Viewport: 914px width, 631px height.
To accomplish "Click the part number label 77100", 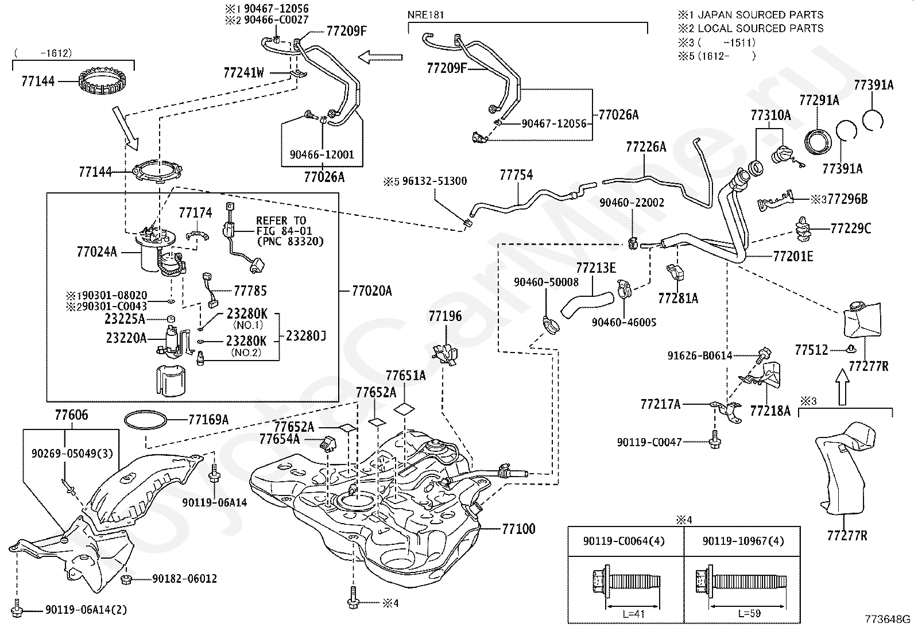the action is point(518,529).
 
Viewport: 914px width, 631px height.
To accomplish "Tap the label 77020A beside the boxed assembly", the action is point(371,291).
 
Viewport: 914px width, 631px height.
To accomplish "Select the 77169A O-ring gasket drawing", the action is point(146,420).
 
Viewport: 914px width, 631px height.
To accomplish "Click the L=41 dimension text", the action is point(633,613).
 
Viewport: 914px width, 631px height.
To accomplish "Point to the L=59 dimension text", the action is point(749,613).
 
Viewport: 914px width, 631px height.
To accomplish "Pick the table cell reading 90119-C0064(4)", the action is point(624,541).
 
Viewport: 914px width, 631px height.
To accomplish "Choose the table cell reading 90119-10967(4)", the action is point(743,541).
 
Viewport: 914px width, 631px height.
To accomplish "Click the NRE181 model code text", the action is point(425,15).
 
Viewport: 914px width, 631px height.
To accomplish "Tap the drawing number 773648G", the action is point(888,619).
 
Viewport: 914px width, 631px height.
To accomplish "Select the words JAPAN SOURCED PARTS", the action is point(761,15).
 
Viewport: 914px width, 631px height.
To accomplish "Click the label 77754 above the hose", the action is point(516,175).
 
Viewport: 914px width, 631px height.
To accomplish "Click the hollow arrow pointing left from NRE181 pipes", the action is point(380,57).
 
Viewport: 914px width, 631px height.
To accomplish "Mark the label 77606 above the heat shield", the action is point(71,415).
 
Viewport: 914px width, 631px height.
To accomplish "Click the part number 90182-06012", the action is point(184,579).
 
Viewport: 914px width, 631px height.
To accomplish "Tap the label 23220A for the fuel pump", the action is point(126,338).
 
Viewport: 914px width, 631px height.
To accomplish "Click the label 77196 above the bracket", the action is point(445,316).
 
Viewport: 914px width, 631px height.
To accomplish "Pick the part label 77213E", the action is point(596,268).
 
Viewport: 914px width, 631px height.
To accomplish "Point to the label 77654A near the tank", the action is point(280,439).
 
